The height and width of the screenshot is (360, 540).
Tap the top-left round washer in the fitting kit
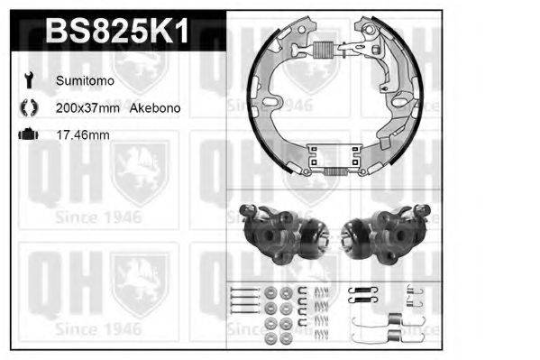[271, 293]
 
